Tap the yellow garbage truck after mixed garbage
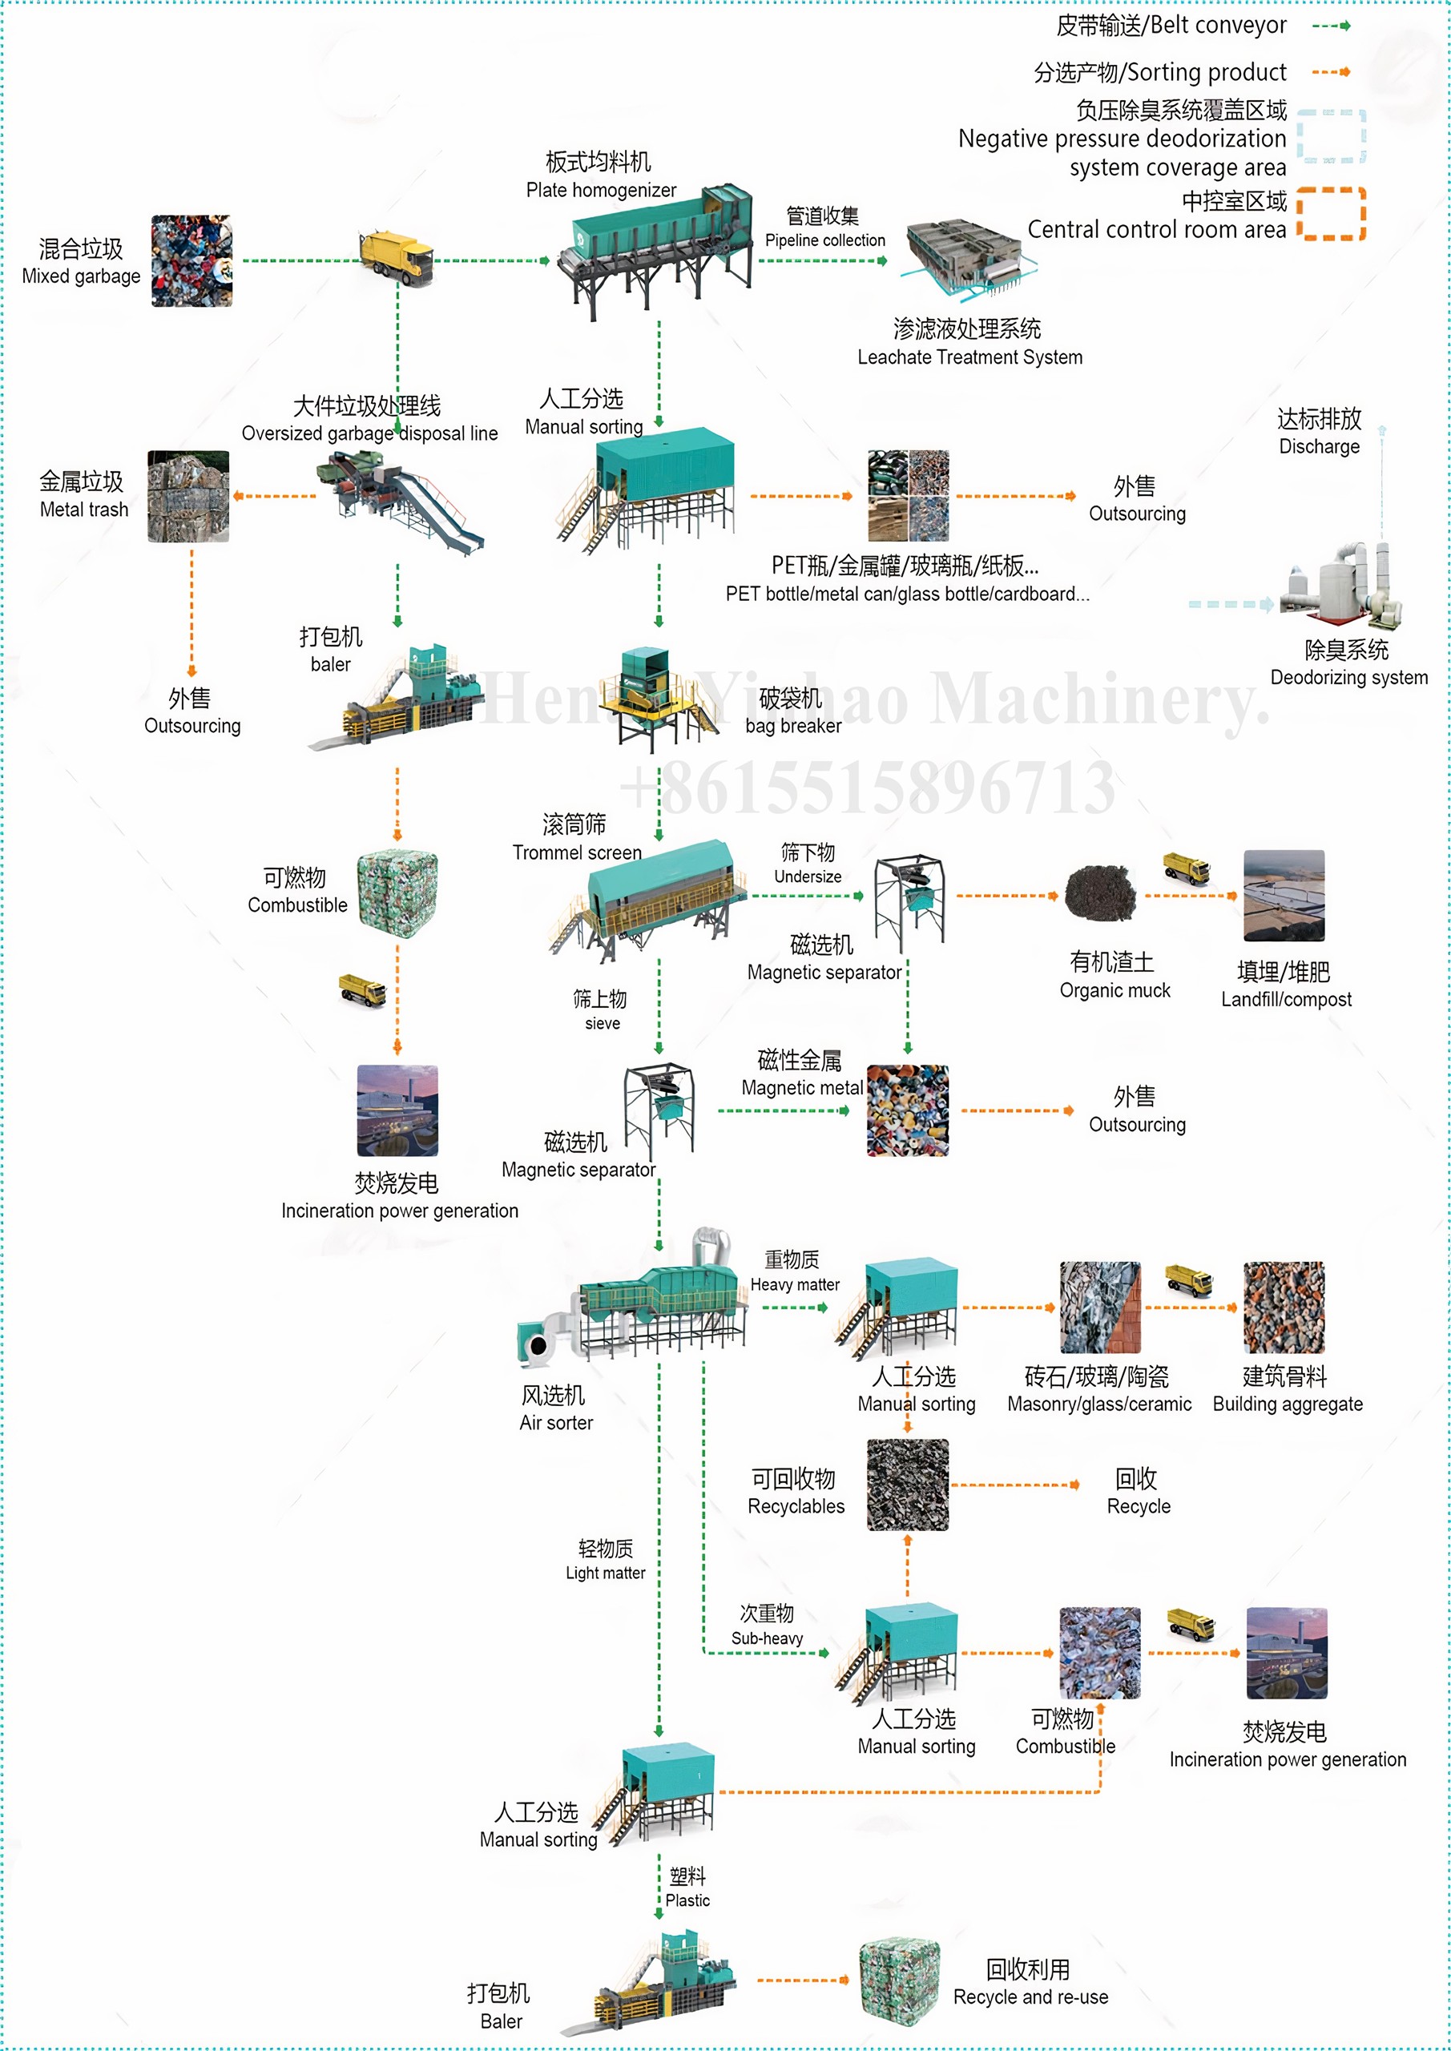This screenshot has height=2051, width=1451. [397, 258]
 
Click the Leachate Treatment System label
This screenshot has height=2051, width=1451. [969, 357]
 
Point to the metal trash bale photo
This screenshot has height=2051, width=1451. [187, 496]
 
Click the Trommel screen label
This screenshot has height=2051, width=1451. [577, 852]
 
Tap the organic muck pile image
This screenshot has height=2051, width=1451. [1101, 892]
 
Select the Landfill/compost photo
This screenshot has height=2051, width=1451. [1284, 895]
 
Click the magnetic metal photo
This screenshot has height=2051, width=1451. [908, 1110]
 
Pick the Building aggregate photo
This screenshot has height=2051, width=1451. [1284, 1307]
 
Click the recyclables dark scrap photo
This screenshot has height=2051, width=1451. [908, 1485]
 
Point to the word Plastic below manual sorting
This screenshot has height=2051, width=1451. [687, 1900]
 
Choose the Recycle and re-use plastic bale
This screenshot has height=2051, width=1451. [900, 1980]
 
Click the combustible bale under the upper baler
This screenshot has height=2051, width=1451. [397, 893]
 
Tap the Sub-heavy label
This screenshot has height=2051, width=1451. [767, 1638]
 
